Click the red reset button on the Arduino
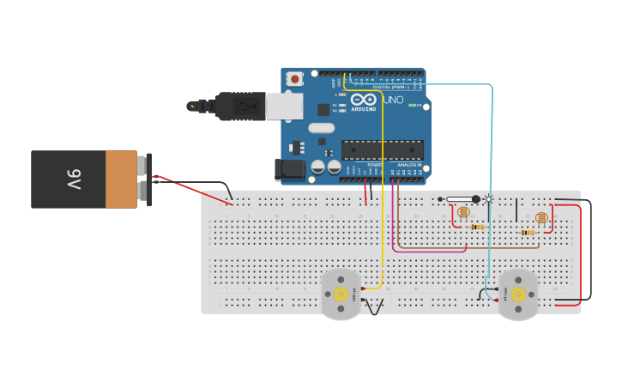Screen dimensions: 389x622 tap(295, 79)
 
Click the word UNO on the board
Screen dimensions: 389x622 tap(392, 100)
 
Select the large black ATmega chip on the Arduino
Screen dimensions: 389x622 tap(382, 149)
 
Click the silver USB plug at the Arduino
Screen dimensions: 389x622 tap(283, 106)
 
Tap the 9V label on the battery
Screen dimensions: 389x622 tap(74, 179)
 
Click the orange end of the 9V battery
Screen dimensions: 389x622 tap(121, 179)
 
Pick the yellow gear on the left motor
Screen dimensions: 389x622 tap(341, 294)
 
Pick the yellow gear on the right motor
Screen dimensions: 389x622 tap(518, 294)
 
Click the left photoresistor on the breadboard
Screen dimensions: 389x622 tap(463, 211)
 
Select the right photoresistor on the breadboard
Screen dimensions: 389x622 tap(540, 218)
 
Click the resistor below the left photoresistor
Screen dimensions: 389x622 tap(477, 227)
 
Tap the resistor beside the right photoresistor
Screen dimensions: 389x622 tap(528, 232)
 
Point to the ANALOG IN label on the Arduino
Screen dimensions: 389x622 tap(408, 164)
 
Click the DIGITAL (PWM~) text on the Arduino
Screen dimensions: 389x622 tap(390, 87)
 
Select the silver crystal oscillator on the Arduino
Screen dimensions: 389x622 tap(322, 129)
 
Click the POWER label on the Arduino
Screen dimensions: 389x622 tap(374, 164)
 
